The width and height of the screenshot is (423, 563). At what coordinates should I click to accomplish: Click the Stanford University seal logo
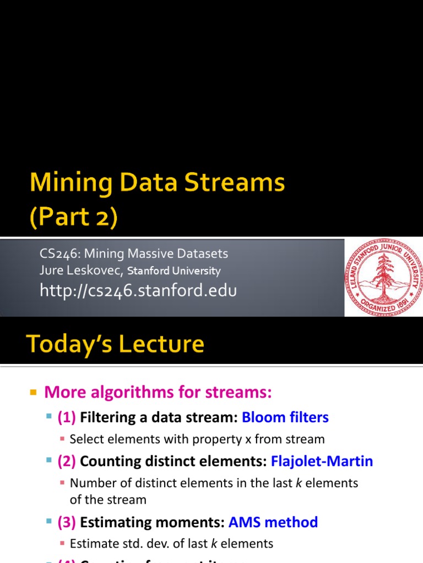(x=383, y=277)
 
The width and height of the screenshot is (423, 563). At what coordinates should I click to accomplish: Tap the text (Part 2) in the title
(x=73, y=217)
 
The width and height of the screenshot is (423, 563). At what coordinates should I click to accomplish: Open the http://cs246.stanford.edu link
(x=138, y=290)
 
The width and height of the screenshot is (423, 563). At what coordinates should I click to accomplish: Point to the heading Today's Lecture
(x=116, y=345)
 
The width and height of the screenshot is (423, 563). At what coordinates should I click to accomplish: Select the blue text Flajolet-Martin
(x=322, y=461)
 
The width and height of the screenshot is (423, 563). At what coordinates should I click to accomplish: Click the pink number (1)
(x=67, y=417)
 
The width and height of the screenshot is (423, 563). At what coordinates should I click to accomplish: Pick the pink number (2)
(x=67, y=461)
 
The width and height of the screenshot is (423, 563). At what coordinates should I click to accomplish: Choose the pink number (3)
(x=67, y=522)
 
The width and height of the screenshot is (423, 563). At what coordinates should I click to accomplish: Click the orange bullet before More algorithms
(x=32, y=393)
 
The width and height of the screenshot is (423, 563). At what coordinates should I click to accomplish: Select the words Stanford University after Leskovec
(x=174, y=271)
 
